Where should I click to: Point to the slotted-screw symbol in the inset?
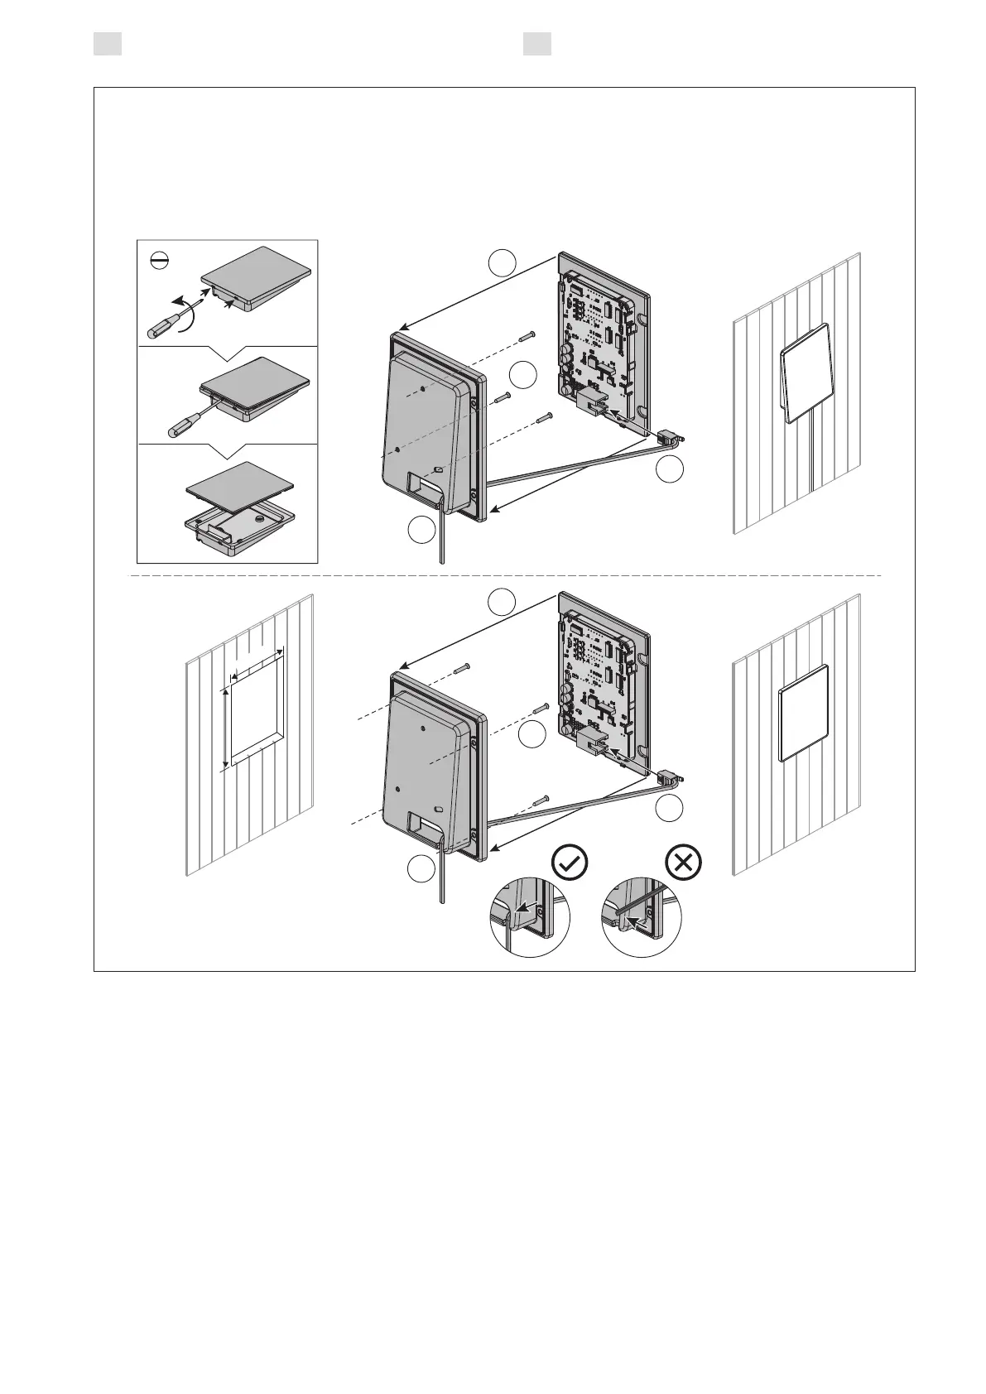[159, 261]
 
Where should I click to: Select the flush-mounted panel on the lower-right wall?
[804, 713]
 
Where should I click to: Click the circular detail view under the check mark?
[530, 919]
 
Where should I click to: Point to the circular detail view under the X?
[642, 919]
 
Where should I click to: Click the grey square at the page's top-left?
[108, 44]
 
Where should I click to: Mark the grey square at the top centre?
[537, 44]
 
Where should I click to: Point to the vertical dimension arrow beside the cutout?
[224, 728]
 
